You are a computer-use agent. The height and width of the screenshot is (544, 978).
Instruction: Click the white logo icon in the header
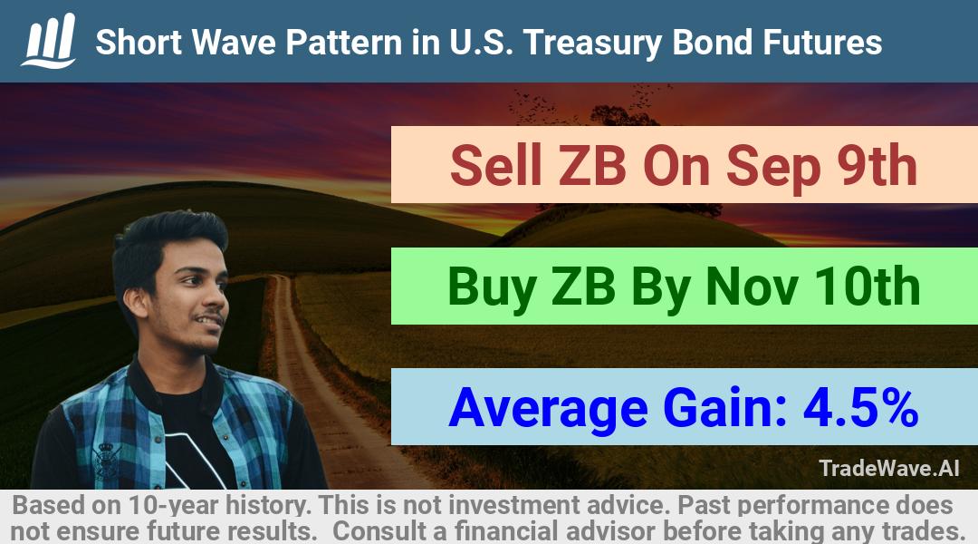coord(49,41)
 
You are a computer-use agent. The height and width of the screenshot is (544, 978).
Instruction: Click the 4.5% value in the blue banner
coord(861,407)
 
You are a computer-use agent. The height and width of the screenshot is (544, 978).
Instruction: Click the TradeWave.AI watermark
coord(889,468)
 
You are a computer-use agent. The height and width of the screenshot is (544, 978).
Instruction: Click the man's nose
coord(216,296)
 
